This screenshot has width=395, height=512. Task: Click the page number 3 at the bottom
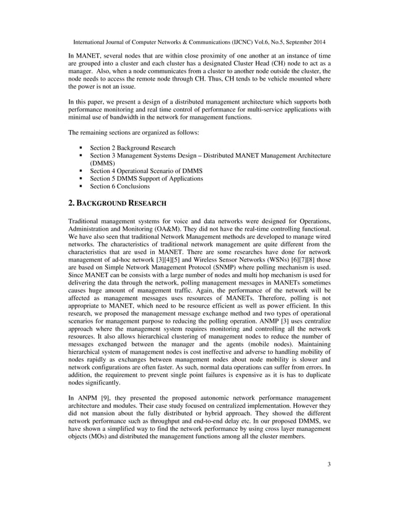pyautogui.click(x=329, y=477)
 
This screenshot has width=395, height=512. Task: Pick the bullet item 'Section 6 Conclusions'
pyautogui.click(x=119, y=186)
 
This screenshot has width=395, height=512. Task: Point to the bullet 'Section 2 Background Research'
pyautogui.click(x=132, y=148)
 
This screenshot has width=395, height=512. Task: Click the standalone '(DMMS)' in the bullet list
pyautogui.click(x=103, y=163)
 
